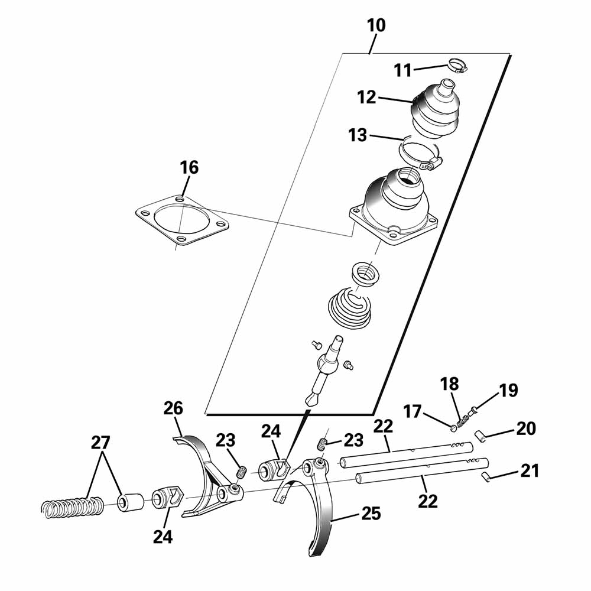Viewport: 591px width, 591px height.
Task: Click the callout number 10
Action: [376, 25]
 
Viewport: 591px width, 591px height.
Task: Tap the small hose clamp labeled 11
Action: [457, 66]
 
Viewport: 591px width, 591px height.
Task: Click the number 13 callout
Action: [358, 135]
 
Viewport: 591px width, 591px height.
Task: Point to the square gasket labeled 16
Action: [181, 220]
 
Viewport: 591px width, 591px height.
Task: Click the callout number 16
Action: [189, 167]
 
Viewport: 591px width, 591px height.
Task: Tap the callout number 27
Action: [100, 443]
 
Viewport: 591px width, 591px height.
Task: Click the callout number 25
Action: [371, 514]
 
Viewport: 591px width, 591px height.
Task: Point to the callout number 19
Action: [508, 391]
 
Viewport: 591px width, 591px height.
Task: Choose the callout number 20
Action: [526, 428]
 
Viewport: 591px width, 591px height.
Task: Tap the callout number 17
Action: [413, 411]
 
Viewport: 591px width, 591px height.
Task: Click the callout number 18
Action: [450, 384]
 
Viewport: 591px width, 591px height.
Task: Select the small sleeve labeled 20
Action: [479, 436]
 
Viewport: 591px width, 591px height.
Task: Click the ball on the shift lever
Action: [326, 365]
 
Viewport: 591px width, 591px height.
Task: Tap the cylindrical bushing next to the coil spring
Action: [131, 502]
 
